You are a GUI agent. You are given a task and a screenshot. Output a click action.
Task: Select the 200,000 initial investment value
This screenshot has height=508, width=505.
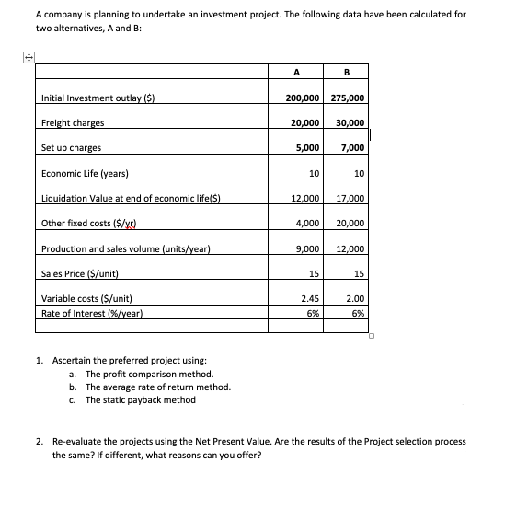[295, 98]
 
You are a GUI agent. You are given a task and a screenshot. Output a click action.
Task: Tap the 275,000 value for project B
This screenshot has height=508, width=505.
[347, 98]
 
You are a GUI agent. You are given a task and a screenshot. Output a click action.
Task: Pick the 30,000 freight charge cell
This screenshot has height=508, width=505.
[349, 123]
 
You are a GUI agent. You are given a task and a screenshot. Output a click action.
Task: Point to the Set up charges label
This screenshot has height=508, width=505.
[71, 148]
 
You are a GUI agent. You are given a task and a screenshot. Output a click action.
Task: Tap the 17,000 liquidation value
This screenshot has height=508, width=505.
[350, 198]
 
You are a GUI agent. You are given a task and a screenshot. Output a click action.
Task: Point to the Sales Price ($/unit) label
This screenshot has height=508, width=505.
[80, 273]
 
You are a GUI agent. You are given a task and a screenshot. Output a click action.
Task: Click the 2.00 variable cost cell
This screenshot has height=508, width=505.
[354, 298]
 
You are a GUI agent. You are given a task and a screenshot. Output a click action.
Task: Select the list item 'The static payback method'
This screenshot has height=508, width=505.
[140, 399]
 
